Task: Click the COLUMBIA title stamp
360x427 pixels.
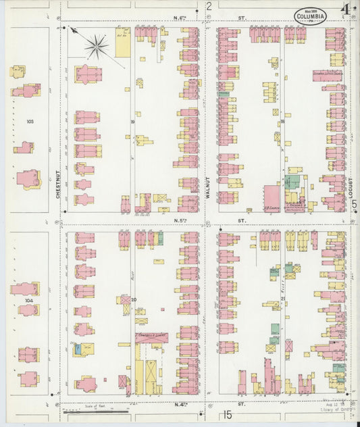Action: pyautogui.click(x=310, y=16)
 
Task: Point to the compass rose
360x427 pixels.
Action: pyautogui.click(x=97, y=46)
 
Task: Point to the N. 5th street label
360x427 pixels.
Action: pyautogui.click(x=180, y=220)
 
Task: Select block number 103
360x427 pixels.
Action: pyautogui.click(x=29, y=122)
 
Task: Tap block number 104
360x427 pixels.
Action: pyautogui.click(x=28, y=298)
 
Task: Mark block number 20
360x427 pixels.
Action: pyautogui.click(x=134, y=299)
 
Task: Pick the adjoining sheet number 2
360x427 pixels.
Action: pyautogui.click(x=209, y=7)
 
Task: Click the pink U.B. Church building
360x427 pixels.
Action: pyautogui.click(x=272, y=195)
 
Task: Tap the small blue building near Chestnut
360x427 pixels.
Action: pyautogui.click(x=78, y=349)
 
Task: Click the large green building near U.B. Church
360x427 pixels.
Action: pyautogui.click(x=292, y=182)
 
